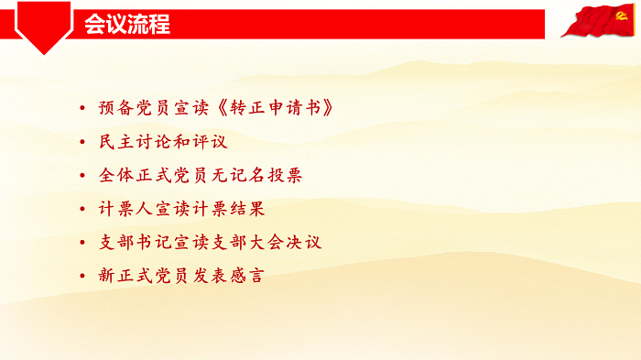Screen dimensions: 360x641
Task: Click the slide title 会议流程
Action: [126, 25]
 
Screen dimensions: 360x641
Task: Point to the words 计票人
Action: [123, 209]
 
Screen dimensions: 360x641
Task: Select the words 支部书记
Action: [130, 242]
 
